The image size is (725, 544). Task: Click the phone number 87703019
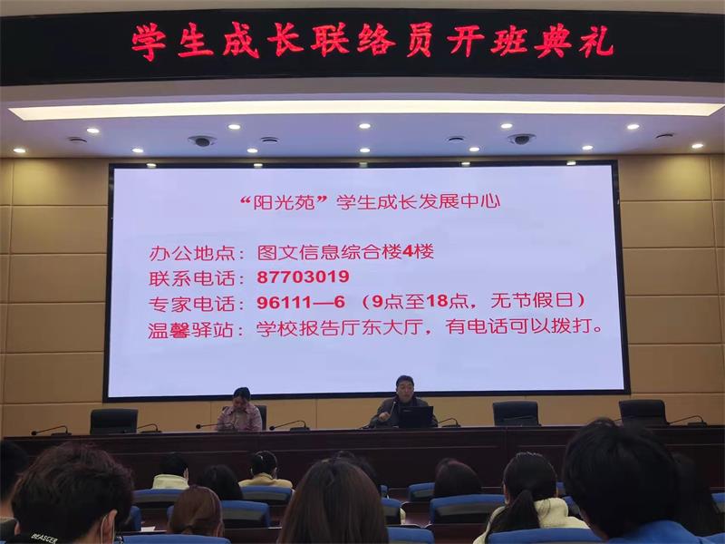(303, 277)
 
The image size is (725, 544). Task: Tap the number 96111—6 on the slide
(301, 302)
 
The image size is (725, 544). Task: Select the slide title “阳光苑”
(285, 202)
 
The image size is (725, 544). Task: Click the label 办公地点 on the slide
(193, 254)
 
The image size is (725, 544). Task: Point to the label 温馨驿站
(191, 330)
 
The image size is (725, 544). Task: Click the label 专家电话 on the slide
(192, 305)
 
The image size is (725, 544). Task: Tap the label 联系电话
(192, 278)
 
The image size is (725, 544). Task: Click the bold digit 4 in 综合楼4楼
(407, 252)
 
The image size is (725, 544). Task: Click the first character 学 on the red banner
(149, 43)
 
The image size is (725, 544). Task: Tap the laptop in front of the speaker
(416, 417)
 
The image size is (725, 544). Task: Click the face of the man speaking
(404, 389)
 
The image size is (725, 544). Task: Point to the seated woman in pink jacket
(240, 411)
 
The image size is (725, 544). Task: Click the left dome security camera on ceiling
(202, 141)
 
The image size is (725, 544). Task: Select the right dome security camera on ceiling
(521, 139)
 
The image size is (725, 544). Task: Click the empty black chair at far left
(114, 421)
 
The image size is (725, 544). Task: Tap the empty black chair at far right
(643, 413)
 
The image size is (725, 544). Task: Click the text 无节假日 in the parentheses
(532, 301)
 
